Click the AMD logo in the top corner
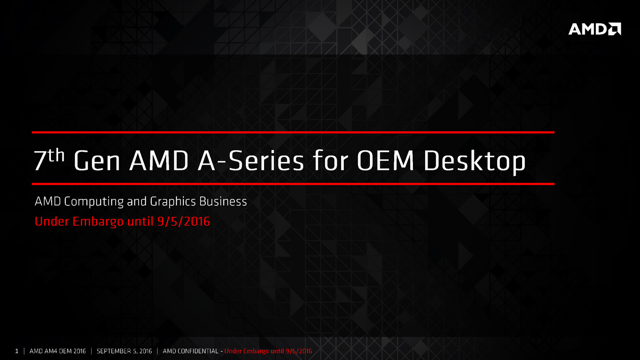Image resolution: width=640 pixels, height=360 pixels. click(595, 29)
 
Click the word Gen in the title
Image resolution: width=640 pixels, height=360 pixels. click(97, 161)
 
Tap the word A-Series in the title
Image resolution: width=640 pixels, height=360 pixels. click(250, 161)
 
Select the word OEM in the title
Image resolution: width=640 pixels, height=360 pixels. click(385, 161)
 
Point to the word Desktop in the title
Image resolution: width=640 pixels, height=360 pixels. click(475, 162)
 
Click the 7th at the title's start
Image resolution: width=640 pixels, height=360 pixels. click(49, 159)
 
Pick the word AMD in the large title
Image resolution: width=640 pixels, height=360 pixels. click(159, 161)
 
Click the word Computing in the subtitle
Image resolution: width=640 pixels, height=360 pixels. click(94, 202)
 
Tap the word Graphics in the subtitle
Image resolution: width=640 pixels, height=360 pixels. click(173, 202)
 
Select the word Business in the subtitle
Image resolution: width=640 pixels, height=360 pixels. click(223, 201)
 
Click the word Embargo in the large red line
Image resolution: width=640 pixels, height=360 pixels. click(98, 222)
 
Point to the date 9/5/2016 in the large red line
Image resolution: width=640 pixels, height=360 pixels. click(184, 222)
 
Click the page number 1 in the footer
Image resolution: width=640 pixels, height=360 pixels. click(17, 351)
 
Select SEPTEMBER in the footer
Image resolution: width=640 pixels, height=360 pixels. click(114, 351)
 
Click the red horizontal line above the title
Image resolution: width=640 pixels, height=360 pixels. click(293, 133)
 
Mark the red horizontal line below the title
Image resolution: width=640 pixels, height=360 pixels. click(293, 184)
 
